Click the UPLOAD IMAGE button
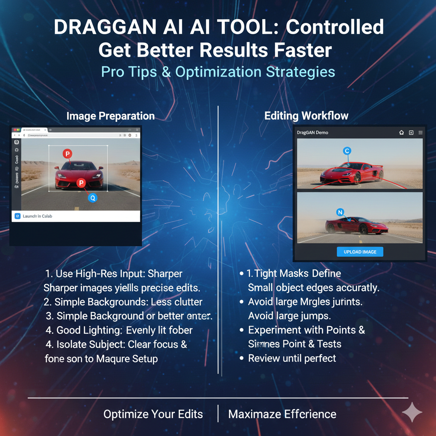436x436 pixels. (360, 252)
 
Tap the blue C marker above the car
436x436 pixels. (347, 151)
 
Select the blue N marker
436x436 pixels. (340, 212)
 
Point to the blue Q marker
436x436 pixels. (92, 197)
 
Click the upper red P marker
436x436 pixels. (67, 154)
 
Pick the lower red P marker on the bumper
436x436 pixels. (80, 183)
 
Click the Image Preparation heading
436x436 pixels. (110, 116)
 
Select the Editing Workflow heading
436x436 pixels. (306, 116)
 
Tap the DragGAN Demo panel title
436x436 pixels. (313, 132)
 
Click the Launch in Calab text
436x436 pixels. (37, 216)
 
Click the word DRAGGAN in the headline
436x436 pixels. (105, 28)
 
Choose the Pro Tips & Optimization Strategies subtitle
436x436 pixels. (218, 72)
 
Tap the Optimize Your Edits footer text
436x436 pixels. (153, 414)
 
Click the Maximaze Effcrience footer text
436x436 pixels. (282, 414)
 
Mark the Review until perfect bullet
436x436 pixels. (292, 358)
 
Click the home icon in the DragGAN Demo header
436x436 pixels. (401, 132)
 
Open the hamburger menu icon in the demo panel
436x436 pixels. (421, 132)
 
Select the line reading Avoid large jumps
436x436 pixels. (290, 316)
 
